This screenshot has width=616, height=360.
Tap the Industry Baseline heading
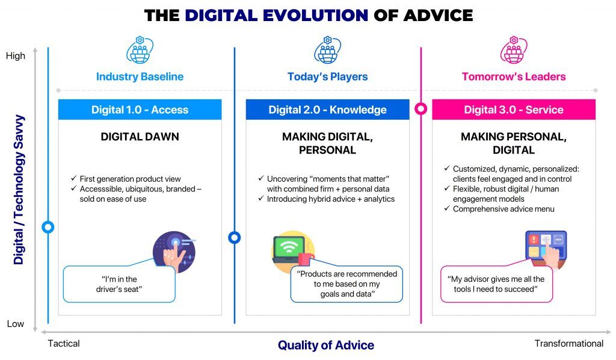[140, 76]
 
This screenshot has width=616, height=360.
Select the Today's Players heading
[327, 76]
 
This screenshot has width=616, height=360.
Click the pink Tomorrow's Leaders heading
[513, 76]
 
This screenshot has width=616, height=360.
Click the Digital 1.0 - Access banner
[140, 110]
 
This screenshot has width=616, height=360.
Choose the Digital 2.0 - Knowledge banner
[327, 110]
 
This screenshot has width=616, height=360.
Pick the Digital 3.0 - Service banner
[513, 110]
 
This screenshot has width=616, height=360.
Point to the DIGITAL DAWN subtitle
[140, 137]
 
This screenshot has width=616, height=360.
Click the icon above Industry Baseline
[140, 50]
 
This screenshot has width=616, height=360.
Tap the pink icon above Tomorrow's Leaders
[513, 50]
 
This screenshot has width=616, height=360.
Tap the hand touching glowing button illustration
[174, 249]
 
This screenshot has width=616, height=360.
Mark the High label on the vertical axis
[16, 56]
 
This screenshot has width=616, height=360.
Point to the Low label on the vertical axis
[16, 324]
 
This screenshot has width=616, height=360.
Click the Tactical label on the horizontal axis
[64, 344]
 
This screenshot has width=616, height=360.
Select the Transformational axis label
[568, 344]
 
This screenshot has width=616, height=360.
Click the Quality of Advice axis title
[325, 346]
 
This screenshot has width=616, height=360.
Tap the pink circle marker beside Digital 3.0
[421, 109]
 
